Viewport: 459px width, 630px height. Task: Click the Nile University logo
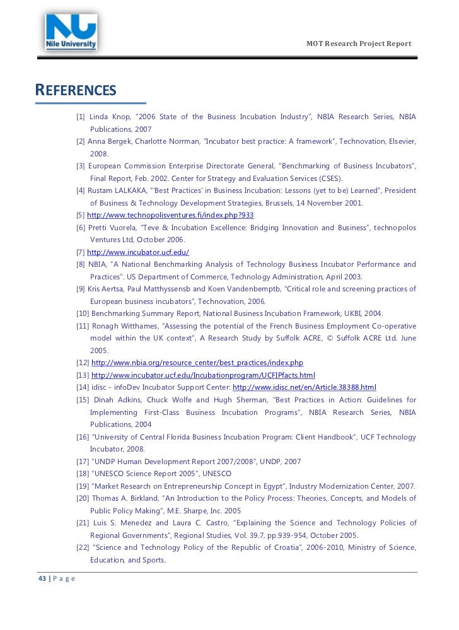tap(71, 33)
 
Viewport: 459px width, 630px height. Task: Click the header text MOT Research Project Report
tap(358, 44)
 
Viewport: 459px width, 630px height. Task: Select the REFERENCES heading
tap(76, 90)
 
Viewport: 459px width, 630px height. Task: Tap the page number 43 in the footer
tap(42, 578)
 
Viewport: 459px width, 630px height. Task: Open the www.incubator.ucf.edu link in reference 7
tap(138, 252)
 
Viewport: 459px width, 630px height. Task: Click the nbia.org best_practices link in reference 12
tap(197, 363)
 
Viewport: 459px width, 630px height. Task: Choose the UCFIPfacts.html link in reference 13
tap(203, 375)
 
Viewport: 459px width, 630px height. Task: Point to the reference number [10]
tap(83, 313)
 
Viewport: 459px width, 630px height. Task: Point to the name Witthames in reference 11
tap(142, 326)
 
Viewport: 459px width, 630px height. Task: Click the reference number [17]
tap(83, 461)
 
